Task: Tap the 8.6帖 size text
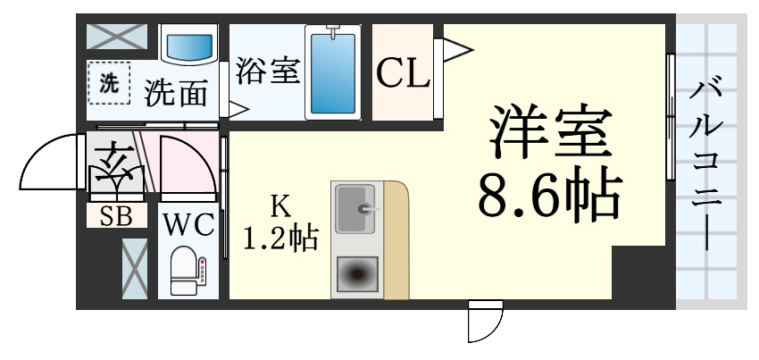click(x=548, y=196)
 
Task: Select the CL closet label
click(x=402, y=74)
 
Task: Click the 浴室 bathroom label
click(x=267, y=71)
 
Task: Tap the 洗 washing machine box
click(x=108, y=85)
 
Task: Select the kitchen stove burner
click(x=356, y=273)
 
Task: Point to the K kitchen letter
click(x=279, y=206)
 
